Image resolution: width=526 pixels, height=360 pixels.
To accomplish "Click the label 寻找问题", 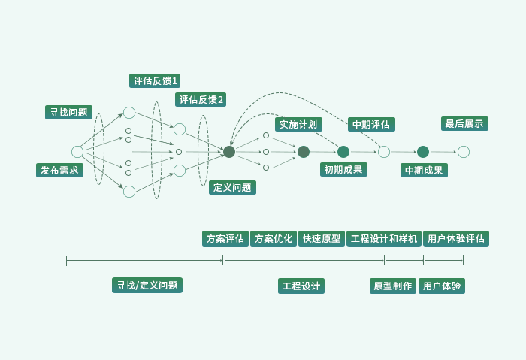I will point(68,113).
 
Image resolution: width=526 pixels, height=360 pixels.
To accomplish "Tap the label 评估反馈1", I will point(156,81).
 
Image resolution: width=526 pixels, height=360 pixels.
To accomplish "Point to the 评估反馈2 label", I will point(201,99).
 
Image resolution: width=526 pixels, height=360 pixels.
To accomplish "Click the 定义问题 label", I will point(232,187).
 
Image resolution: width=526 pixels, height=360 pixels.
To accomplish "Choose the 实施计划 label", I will point(298,124).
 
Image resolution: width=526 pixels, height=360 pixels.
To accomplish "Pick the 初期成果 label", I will point(343,169).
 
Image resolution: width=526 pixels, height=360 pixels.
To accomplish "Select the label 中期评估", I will point(372,124).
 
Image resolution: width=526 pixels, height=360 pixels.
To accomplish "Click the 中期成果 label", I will point(424,170).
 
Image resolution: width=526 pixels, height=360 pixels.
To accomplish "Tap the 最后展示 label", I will point(464,123).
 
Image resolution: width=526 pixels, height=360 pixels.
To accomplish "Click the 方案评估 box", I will point(225,238).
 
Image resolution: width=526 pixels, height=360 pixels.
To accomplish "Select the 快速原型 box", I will point(322,238).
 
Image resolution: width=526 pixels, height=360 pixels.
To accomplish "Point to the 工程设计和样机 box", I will point(384,238).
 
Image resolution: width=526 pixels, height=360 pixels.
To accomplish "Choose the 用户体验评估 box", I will point(456,238).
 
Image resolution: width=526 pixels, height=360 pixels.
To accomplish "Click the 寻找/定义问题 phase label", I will point(147,285).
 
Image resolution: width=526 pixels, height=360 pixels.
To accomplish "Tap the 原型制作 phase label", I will point(392,286).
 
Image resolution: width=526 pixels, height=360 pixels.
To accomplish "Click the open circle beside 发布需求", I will point(77,152).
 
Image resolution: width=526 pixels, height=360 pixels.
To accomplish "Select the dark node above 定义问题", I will point(229,152).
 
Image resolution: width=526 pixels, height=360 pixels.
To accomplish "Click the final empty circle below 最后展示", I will point(464,152).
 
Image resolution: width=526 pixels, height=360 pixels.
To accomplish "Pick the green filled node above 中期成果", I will point(423,152).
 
